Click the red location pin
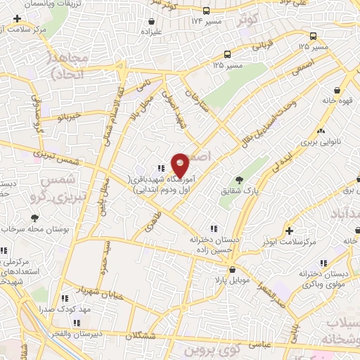181,165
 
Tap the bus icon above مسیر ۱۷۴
206,11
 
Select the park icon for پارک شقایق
239,180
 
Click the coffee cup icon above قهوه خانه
338,90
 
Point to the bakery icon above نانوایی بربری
321,131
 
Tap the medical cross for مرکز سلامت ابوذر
289,231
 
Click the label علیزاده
151,32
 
